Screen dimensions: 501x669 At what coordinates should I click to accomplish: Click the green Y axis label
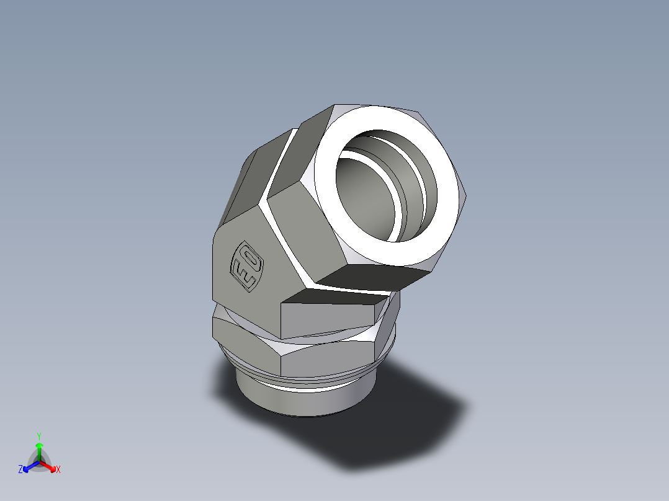tap(38, 435)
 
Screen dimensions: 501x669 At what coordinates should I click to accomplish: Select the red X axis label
tap(58, 470)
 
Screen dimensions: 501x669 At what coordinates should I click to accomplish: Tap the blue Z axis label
tap(20, 470)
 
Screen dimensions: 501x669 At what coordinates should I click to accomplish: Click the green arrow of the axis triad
tap(39, 448)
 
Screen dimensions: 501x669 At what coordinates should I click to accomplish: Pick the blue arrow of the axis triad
tap(28, 467)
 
